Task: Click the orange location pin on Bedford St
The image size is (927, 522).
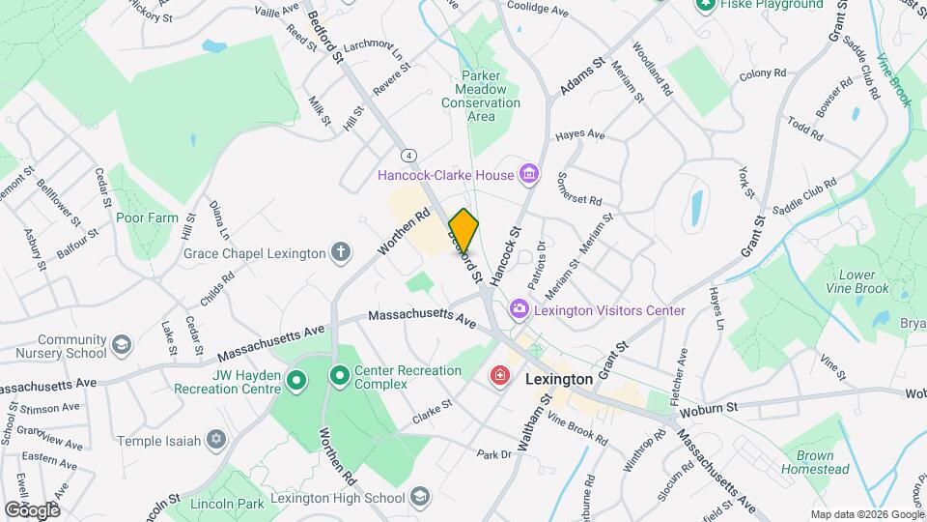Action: coord(463,230)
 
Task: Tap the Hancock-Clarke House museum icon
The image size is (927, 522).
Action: coord(528,175)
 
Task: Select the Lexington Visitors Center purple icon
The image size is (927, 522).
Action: coord(520,310)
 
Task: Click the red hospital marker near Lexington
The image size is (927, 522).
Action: coord(500,375)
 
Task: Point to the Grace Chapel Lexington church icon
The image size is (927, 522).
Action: coord(340,253)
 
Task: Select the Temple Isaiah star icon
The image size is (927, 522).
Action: coord(216,441)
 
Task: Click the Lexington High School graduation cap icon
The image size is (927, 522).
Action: coord(419,498)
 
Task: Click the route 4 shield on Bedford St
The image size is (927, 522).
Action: coord(409,155)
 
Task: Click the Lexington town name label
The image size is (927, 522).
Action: coord(559,380)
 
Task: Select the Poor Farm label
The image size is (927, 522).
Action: coord(147,217)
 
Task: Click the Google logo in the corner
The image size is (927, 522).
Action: coord(32,509)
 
